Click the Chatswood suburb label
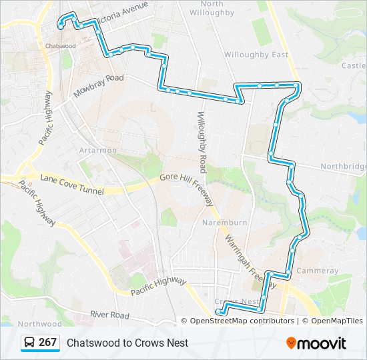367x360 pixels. pyautogui.click(x=61, y=45)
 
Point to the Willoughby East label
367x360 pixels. pyautogui.click(x=256, y=55)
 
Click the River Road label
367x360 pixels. pyautogui.click(x=110, y=315)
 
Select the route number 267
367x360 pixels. pyautogui.click(x=47, y=343)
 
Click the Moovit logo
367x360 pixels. pyautogui.click(x=316, y=343)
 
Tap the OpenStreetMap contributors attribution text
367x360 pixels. pyautogui.click(x=242, y=321)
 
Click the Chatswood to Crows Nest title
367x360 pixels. pyautogui.click(x=127, y=343)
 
